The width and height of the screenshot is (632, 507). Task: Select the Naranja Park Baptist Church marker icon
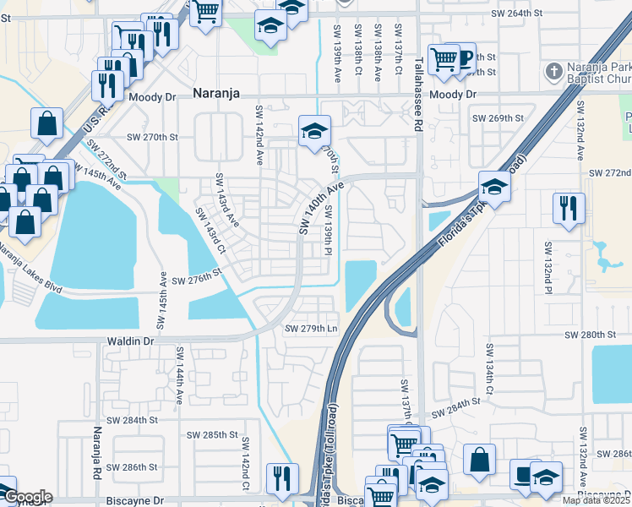pos(554,70)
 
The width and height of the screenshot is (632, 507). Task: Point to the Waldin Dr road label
pos(129,341)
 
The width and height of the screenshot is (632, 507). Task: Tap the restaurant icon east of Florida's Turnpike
pos(567,207)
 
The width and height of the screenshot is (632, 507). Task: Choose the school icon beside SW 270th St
pos(314,132)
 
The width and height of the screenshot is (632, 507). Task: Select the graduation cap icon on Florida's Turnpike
pos(494,186)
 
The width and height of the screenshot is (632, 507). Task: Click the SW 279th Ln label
pos(311,328)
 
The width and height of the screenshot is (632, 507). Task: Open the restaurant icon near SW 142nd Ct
pos(280,478)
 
